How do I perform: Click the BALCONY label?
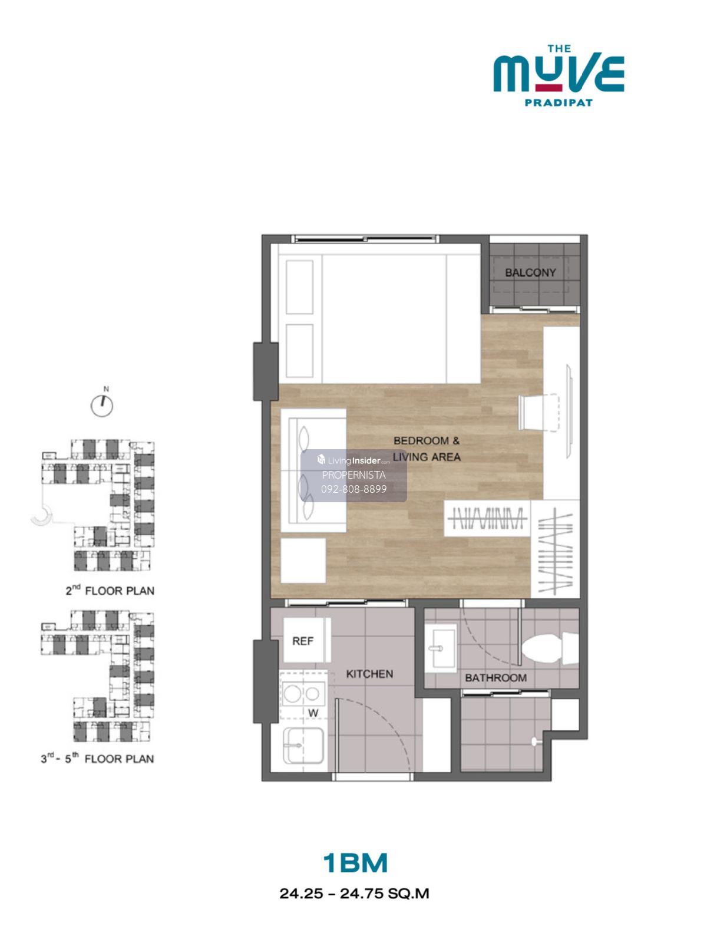[x=530, y=272]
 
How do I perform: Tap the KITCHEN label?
[x=369, y=674]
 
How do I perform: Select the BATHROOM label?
[x=495, y=678]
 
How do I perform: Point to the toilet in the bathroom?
[x=550, y=648]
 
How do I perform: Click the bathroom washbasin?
[x=441, y=648]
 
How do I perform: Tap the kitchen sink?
[x=303, y=746]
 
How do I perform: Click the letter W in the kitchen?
[x=313, y=713]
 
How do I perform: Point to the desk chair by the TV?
[x=539, y=412]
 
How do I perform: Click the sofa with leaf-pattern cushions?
[x=313, y=470]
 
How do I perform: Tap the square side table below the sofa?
[x=303, y=561]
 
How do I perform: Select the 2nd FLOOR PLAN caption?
[x=110, y=590]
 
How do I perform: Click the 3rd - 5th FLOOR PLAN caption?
[x=97, y=759]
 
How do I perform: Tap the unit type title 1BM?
[x=355, y=864]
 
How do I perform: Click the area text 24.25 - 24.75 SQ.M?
[x=354, y=894]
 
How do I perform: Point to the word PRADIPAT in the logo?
[x=559, y=103]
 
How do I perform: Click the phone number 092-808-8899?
[x=354, y=489]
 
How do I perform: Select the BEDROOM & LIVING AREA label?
[x=427, y=449]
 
